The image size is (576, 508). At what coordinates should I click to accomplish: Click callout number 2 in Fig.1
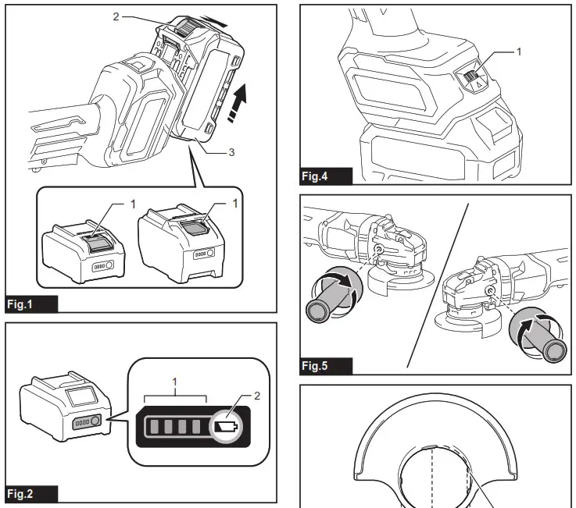(116, 16)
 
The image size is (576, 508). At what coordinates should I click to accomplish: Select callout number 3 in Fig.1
(231, 153)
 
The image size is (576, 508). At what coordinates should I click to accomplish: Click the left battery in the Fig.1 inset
(80, 248)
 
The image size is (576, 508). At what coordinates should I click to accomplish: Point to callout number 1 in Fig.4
(517, 51)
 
